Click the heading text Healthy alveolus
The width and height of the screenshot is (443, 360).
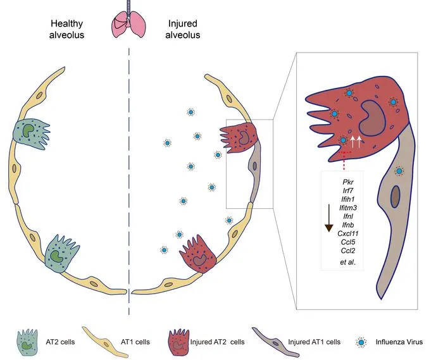pos(66,29)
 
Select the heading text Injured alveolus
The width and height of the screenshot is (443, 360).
pos(182,29)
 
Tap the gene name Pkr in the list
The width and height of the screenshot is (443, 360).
pos(348,182)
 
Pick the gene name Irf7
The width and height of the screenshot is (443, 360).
pos(348,190)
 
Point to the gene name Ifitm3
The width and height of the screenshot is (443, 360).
pos(348,208)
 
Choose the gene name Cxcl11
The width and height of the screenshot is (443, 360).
pos(348,233)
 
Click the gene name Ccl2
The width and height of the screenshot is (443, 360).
pos(348,251)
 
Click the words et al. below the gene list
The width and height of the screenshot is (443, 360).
pos(348,262)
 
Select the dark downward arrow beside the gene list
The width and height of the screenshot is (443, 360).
pos(328,218)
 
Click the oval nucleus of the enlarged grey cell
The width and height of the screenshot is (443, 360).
pos(396,196)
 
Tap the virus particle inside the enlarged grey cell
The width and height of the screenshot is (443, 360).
pos(399,171)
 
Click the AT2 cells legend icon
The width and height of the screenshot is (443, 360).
pos(27,342)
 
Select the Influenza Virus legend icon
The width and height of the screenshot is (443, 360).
pos(361,342)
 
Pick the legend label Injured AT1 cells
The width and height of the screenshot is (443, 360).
pos(314,342)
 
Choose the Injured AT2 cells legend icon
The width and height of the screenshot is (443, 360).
pos(178,342)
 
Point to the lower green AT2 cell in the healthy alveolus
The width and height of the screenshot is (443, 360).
pos(61,254)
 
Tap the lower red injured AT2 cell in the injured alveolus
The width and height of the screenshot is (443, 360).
pos(198,254)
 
